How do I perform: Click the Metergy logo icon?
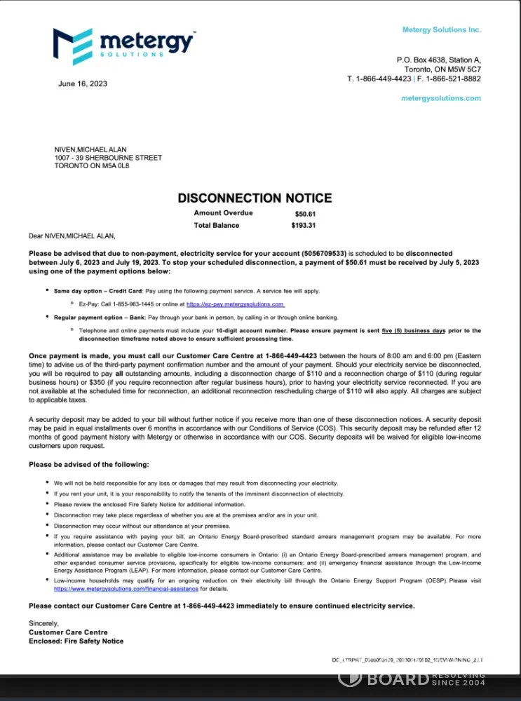[72, 46]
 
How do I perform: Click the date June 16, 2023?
[83, 84]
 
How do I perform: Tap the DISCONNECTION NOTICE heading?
[255, 198]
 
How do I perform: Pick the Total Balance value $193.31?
[304, 226]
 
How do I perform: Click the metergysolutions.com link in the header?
[441, 98]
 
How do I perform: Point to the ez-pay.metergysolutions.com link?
[235, 304]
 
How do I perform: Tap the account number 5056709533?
[325, 253]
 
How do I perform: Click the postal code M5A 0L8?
[116, 166]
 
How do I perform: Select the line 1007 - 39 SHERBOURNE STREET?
[108, 158]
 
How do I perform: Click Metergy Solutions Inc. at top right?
[442, 30]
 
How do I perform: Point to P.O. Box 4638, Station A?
[439, 60]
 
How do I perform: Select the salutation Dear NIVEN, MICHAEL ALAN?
[72, 236]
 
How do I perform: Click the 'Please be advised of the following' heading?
[88, 465]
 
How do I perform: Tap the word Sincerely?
[44, 623]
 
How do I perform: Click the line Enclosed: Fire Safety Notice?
[76, 641]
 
